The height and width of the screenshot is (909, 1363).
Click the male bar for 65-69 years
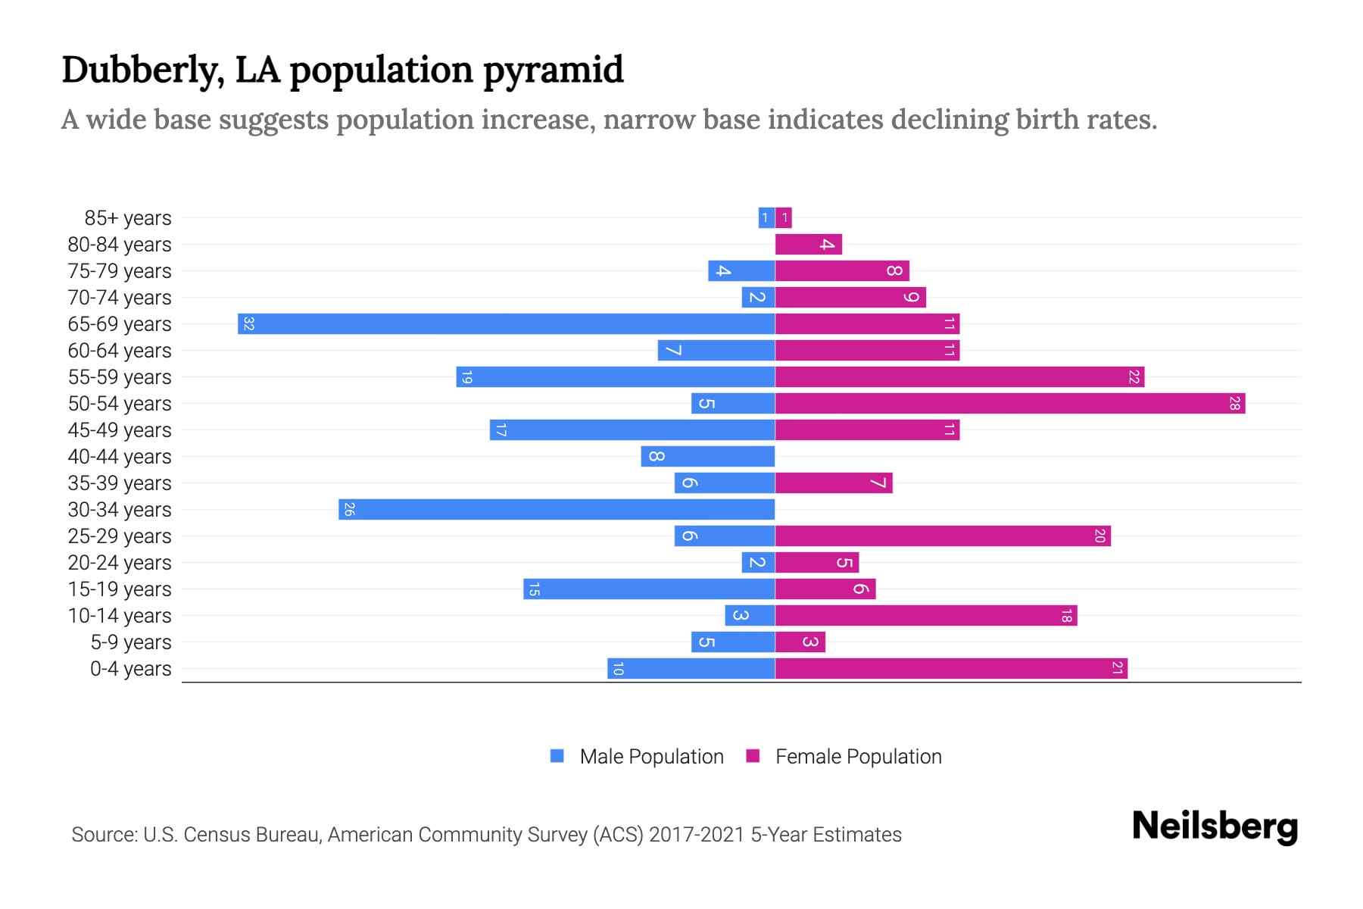[506, 324]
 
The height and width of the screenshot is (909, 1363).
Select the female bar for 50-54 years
[1009, 404]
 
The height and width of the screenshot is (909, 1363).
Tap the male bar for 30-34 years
[557, 510]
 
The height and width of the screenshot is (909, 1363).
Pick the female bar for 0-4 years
[951, 669]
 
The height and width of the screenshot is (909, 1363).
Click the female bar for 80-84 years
[808, 245]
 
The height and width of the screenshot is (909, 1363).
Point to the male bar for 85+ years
[766, 218]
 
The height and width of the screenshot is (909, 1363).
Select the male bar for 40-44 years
[707, 457]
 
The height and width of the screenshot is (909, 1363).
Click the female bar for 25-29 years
[943, 536]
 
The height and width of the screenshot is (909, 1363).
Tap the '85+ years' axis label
[128, 218]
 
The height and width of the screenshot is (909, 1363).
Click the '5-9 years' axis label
[131, 642]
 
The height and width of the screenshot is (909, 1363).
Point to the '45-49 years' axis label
[120, 430]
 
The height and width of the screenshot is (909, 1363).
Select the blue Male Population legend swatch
[557, 756]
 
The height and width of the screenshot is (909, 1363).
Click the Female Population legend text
[858, 757]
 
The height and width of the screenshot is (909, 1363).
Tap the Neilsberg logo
[1215, 826]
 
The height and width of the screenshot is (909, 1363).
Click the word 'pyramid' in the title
[553, 70]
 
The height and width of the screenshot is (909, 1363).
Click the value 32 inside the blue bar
[248, 324]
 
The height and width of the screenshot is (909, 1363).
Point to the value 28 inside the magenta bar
[1234, 404]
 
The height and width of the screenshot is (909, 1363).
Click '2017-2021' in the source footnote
[697, 835]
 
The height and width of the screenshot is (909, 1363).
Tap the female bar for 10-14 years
[925, 616]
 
